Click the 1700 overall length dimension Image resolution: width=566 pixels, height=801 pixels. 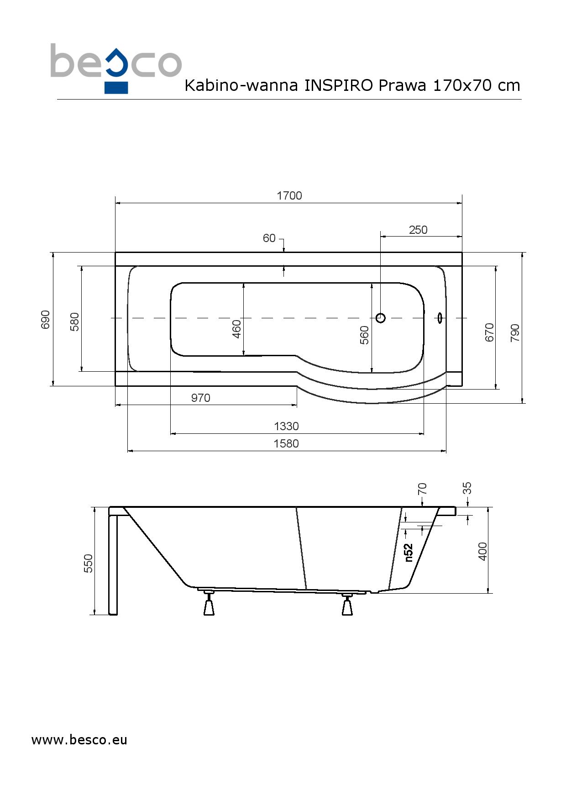(289, 196)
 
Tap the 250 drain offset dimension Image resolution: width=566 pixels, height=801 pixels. (418, 230)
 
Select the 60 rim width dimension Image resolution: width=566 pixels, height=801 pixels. (269, 238)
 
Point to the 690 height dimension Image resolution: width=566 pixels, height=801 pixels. (46, 319)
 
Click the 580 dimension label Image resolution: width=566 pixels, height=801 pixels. (75, 321)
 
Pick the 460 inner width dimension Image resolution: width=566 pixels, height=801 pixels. (236, 329)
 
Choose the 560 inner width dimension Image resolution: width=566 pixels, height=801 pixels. (364, 335)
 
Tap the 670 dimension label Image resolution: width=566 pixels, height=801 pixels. (489, 332)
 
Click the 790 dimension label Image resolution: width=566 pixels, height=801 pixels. (515, 333)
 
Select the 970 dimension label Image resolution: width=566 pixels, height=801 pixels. (201, 398)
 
